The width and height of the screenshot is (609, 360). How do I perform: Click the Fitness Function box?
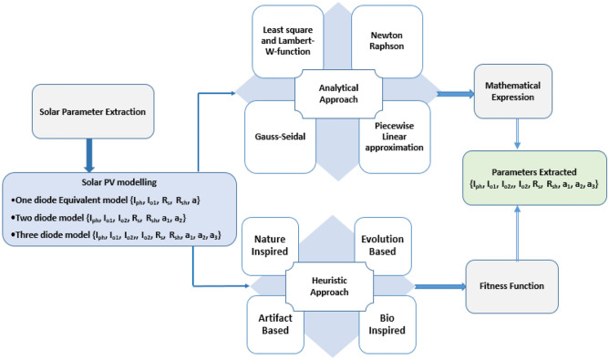coord(512,284)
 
